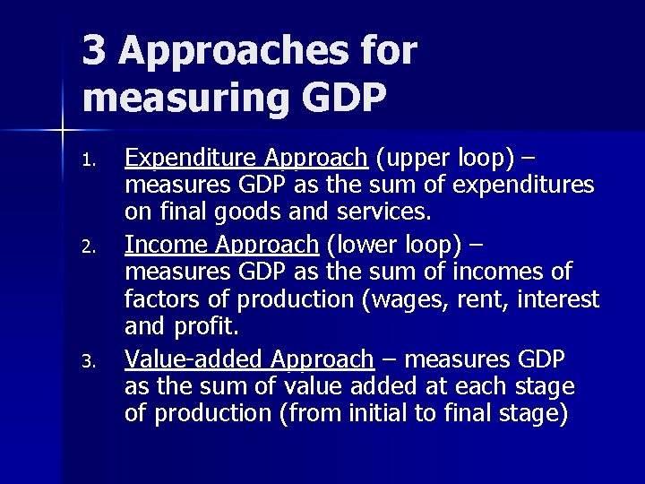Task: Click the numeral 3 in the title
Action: [94, 50]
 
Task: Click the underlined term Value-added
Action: [193, 359]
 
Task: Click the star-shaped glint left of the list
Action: [63, 132]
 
